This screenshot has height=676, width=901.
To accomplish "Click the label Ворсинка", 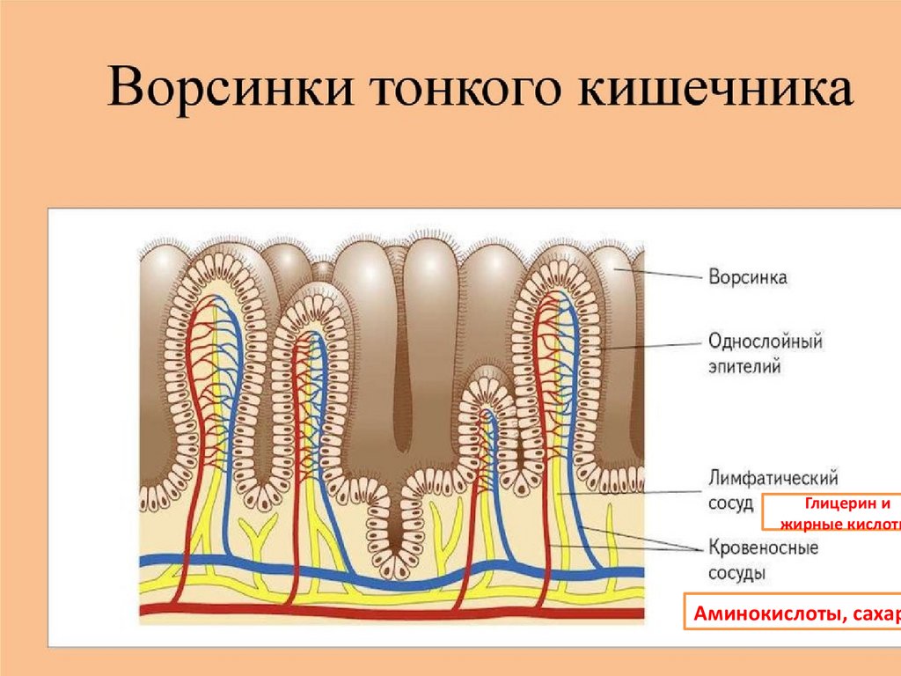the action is [x=747, y=277].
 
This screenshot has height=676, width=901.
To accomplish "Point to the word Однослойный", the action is [x=765, y=341].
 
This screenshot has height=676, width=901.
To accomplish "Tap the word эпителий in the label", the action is [x=744, y=366].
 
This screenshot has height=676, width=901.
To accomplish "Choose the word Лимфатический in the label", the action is [x=773, y=479].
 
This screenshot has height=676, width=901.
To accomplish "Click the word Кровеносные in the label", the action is [x=763, y=547].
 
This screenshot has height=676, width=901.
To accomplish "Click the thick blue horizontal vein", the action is [x=264, y=563].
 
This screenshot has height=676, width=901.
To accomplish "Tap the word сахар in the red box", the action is [x=874, y=613].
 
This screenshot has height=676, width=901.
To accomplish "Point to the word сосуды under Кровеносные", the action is [x=736, y=573].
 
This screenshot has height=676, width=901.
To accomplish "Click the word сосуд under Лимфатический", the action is [x=730, y=503].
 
